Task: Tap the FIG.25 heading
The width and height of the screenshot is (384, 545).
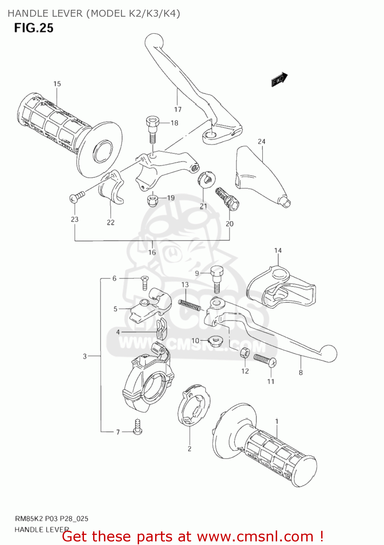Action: pos(34,28)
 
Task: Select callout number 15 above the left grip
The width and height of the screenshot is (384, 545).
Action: pos(57,84)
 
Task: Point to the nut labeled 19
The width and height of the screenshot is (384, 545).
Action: pos(153,199)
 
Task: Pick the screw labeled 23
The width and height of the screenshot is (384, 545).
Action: pos(77,197)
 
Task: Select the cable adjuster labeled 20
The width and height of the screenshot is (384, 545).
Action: pos(227,198)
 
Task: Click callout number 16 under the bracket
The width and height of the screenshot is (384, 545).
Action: pos(152,252)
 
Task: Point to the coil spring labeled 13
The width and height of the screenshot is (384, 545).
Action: pos(189,304)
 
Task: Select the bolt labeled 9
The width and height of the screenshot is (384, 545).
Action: pos(217,278)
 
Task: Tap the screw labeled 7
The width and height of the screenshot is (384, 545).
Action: pos(137,427)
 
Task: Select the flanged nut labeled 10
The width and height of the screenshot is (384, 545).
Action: pos(215,341)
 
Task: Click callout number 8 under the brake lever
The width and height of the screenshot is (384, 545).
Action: pos(300,372)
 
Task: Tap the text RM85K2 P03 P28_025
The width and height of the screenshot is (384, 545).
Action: pos(51,518)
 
